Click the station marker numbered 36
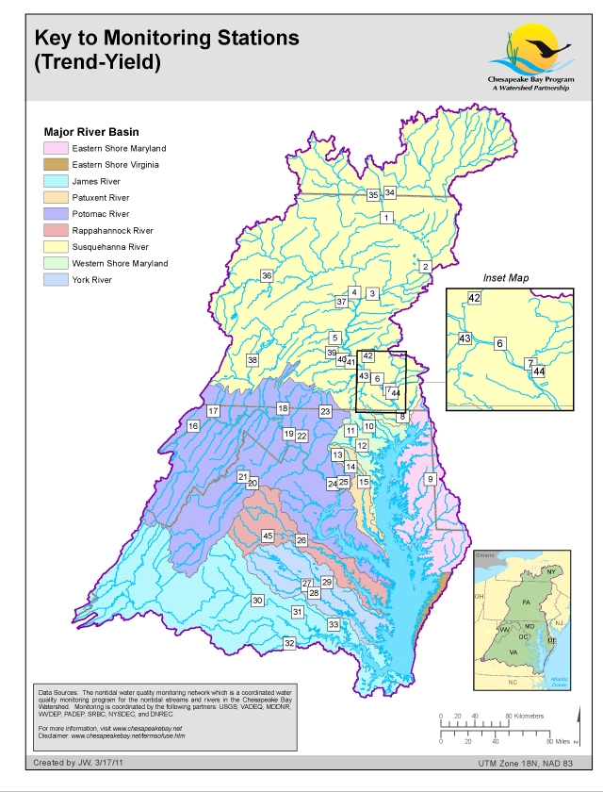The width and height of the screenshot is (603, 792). pos(267,276)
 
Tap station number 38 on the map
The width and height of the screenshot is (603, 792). pos(253,360)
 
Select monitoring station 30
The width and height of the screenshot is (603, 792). pos(256,601)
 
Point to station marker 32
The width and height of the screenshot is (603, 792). pos(289,643)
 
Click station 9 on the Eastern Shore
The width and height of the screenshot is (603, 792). pos(431,480)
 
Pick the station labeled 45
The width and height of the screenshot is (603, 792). pos(268,536)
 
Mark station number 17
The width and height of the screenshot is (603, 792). pos(213,411)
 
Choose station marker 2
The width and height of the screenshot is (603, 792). pos(425,267)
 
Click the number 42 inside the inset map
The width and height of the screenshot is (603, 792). pos(474,298)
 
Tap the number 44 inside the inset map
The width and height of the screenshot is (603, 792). pos(539,372)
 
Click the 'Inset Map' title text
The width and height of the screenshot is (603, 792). pos(507,280)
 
